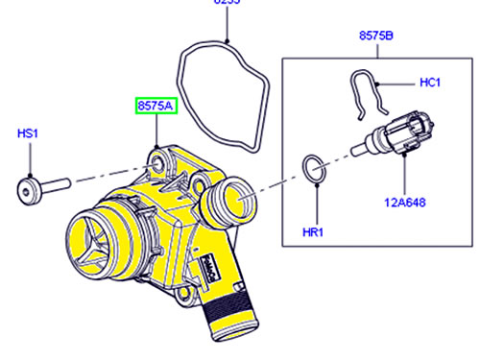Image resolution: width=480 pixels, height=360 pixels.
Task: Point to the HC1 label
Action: click(x=430, y=84)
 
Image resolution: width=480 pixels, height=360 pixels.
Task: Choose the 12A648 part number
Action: click(x=407, y=203)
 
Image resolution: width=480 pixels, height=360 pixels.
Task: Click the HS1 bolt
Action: click(x=44, y=183)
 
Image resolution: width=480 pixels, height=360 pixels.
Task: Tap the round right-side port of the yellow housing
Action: click(x=228, y=204)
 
